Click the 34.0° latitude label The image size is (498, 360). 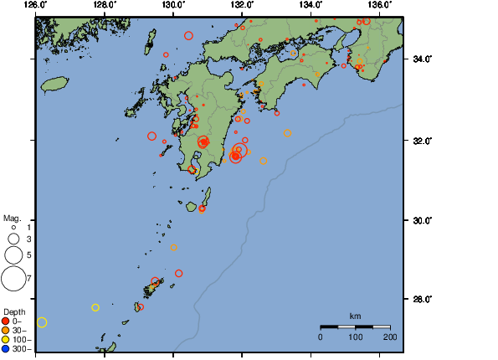[x=418, y=59]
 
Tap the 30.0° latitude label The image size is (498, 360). [x=418, y=220]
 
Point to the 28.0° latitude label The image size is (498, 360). [x=418, y=299]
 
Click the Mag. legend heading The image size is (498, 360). [x=11, y=217]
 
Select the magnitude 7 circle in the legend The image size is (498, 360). [x=13, y=277]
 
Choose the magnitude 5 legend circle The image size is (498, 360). [x=13, y=254]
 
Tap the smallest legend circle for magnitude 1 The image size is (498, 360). [x=13, y=227]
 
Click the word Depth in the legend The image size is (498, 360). [x=14, y=311]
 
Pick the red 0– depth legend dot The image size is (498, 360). [x=6, y=321]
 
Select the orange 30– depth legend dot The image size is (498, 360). [x=6, y=330]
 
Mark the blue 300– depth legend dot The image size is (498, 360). [x=6, y=348]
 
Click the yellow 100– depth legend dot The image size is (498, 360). [x=6, y=339]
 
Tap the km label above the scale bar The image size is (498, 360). [x=355, y=316]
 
